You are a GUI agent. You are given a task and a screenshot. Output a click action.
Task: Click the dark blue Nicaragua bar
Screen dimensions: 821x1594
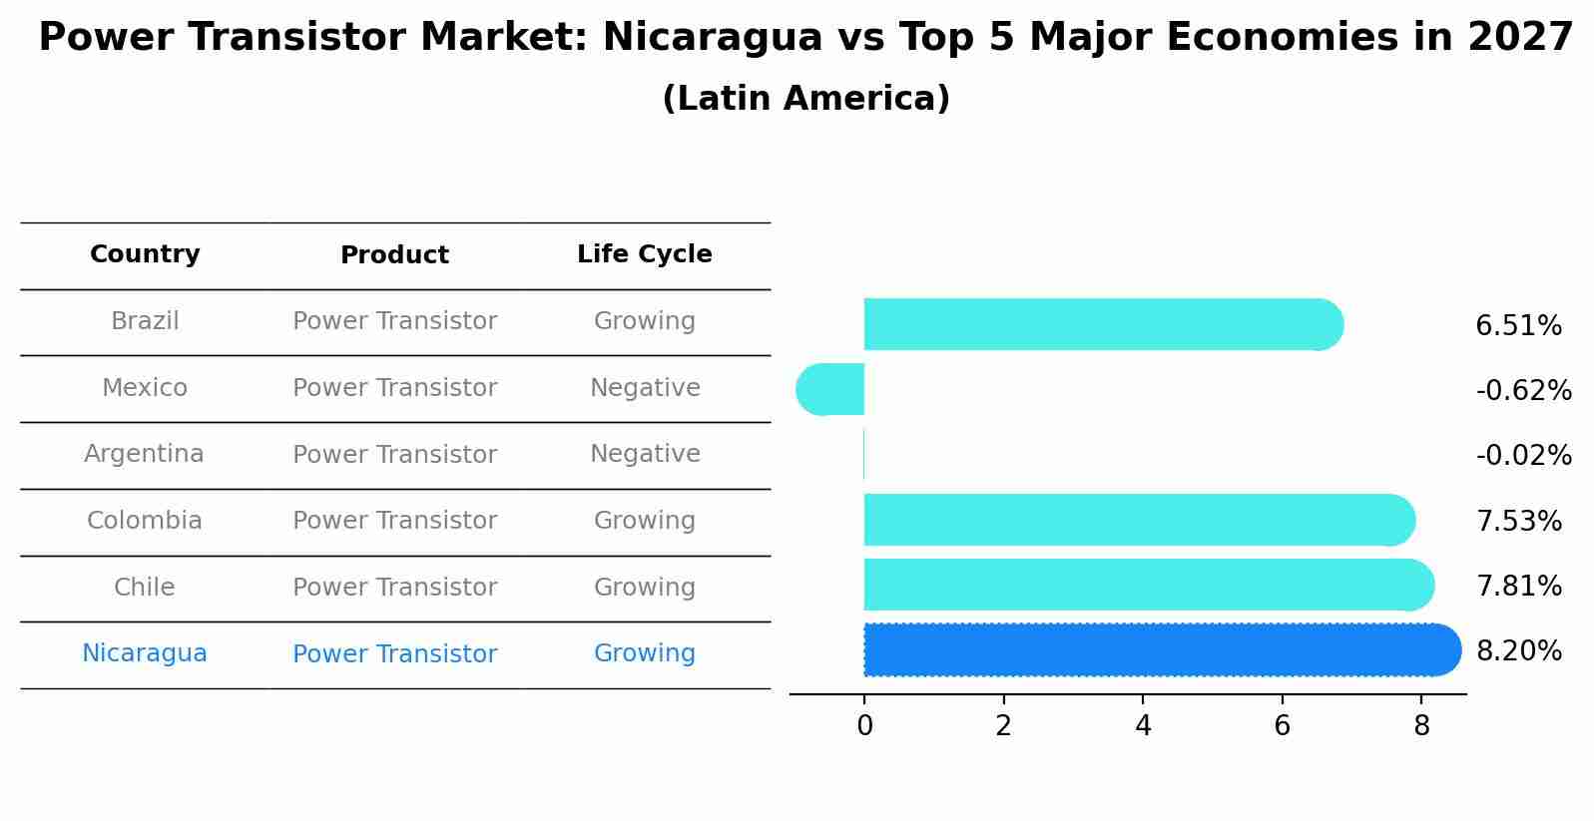(1158, 649)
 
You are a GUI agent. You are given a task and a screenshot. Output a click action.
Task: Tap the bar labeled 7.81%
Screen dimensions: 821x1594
(1148, 585)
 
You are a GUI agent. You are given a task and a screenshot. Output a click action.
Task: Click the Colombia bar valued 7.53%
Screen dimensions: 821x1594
(1138, 520)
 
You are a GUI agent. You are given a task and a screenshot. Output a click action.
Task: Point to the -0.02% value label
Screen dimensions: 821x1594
(1523, 456)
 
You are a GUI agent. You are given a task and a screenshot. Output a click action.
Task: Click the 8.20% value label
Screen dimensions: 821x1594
(1518, 651)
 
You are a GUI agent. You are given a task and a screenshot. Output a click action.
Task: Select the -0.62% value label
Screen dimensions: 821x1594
(1523, 391)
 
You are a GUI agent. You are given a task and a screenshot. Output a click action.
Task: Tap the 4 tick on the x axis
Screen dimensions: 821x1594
(1143, 726)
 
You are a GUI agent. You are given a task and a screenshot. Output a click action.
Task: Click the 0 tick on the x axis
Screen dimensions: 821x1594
(864, 726)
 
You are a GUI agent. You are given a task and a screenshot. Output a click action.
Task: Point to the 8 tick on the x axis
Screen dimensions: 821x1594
(1421, 726)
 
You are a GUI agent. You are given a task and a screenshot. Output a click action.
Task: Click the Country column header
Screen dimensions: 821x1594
(145, 254)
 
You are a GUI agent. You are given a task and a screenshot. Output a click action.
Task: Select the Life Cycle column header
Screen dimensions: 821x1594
(645, 254)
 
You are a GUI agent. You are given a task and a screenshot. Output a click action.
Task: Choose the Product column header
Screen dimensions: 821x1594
(394, 255)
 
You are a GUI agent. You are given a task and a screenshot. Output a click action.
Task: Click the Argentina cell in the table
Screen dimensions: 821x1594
(144, 454)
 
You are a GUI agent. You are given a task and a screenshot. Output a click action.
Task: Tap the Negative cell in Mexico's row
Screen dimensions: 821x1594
(645, 388)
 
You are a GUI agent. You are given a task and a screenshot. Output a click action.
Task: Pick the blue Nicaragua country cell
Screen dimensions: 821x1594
(145, 653)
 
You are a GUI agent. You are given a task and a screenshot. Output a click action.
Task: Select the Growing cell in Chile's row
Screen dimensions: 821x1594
(645, 588)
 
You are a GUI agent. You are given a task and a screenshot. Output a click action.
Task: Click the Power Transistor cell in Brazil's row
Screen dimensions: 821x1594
(394, 321)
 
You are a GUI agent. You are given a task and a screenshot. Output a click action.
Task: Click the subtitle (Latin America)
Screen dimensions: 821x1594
(805, 99)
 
